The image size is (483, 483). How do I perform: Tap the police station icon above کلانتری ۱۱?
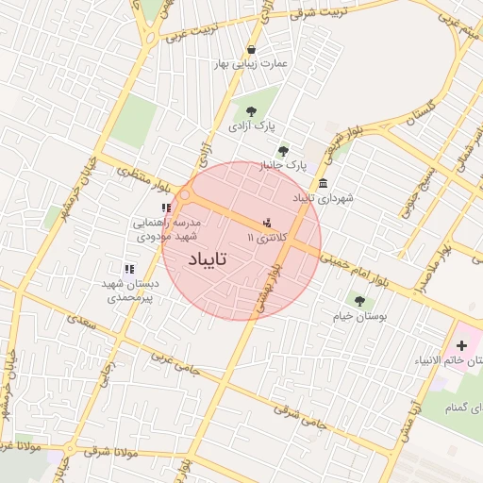268,224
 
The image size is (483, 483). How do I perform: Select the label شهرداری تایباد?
323,199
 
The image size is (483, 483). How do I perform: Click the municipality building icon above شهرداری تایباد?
324,183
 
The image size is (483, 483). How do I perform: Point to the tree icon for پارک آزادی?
250,111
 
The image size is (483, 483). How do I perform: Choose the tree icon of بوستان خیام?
359,301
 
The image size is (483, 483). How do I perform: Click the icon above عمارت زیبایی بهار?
251,49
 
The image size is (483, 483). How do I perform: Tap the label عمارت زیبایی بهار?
251,64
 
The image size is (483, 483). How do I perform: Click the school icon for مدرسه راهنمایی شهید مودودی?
166,208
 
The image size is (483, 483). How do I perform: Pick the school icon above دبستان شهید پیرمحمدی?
129,269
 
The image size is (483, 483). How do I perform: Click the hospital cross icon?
461,346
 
